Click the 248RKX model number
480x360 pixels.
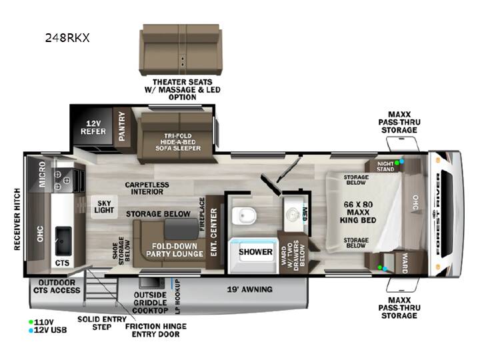(67, 38)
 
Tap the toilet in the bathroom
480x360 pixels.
(244, 215)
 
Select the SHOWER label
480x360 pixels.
(255, 252)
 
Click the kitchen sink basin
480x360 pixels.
(64, 241)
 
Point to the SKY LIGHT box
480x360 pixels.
(104, 207)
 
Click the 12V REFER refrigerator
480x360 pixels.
(93, 127)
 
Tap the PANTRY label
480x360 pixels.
(122, 126)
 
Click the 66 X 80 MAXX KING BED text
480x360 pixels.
(358, 212)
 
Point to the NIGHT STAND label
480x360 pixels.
(385, 167)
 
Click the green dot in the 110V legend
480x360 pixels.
(31, 322)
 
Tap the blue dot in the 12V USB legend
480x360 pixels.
(31, 330)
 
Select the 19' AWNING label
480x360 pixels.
(249, 289)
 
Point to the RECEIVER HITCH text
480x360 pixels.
(17, 219)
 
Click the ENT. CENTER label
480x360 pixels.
(214, 233)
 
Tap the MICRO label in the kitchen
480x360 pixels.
(42, 174)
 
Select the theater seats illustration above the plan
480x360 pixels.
(181, 50)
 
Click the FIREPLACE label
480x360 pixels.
(202, 214)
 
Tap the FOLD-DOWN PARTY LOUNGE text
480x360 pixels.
(175, 250)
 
